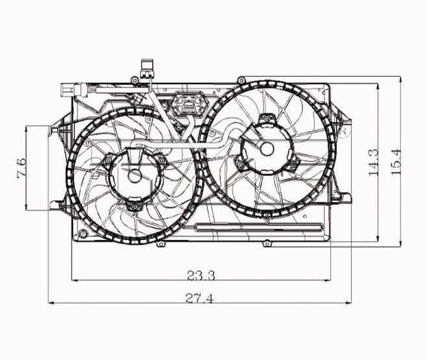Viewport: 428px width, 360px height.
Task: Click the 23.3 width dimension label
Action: point(201,275)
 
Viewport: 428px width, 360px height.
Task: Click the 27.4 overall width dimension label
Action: point(199,298)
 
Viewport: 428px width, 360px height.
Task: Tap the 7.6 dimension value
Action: point(21,168)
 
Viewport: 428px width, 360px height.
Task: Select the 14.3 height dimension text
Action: point(373,162)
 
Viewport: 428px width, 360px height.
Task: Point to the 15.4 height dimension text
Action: point(396,162)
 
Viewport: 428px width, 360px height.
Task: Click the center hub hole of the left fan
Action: point(135,176)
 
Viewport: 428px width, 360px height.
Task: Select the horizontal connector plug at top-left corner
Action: point(74,89)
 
